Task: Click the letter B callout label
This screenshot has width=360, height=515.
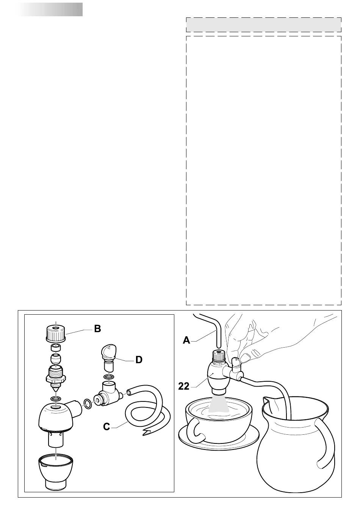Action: point(97,329)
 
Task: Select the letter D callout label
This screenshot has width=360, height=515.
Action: point(139,360)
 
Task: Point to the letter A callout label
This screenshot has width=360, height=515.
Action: point(186,340)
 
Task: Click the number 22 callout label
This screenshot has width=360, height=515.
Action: point(184,387)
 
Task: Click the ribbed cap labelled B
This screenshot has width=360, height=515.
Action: point(56,333)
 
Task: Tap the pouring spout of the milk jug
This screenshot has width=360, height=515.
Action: point(266,403)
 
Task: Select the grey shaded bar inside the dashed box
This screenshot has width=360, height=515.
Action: point(263,25)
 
